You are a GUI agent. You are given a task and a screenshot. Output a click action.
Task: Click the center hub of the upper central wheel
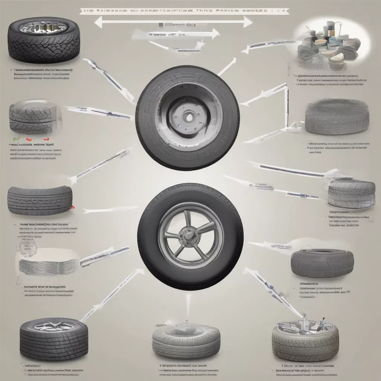click(x=189, y=117)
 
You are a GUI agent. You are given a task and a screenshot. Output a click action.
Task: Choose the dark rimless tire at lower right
click(x=322, y=262)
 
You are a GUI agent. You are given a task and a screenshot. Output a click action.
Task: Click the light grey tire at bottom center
click(x=186, y=340)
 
